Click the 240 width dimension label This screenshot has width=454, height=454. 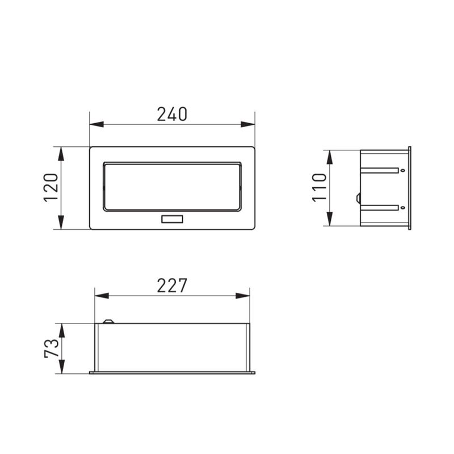[172, 114]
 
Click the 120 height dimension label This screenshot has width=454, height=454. [51, 188]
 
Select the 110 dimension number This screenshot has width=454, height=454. [320, 187]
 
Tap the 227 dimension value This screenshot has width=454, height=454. [172, 285]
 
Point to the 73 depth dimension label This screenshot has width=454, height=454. [51, 348]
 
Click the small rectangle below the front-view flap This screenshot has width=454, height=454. [172, 219]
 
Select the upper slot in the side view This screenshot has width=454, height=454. [380, 170]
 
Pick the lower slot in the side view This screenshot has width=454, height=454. [380, 207]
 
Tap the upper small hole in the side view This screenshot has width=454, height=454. [402, 170]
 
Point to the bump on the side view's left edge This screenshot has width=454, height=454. [358, 198]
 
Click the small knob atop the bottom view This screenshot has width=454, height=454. [108, 322]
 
